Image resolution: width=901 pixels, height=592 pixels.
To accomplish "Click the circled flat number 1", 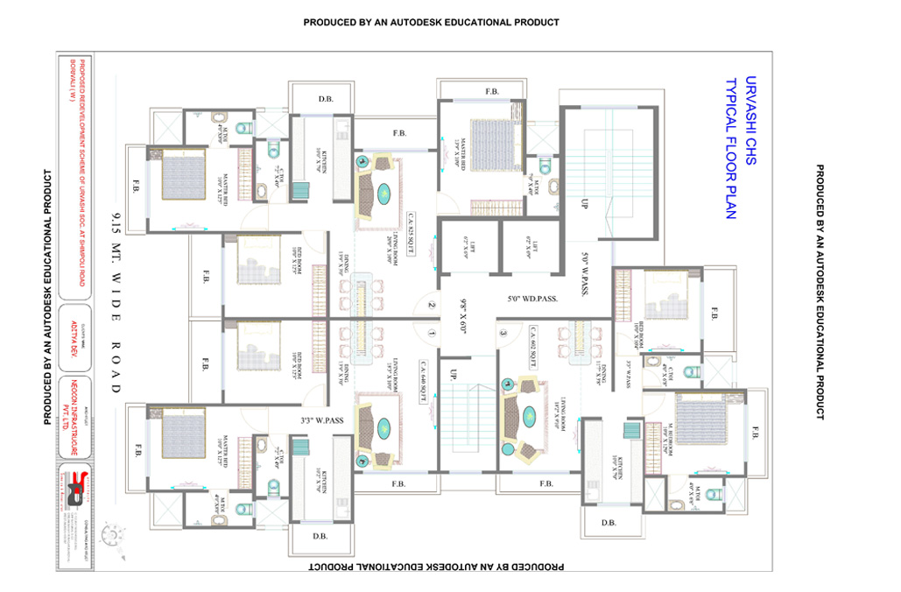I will pos(431,333).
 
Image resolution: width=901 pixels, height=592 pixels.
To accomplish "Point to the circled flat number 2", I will pos(431,306).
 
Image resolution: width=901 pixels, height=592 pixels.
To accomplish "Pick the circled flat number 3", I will pos(503,333).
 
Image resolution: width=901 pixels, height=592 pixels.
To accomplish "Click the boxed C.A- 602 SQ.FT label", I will pos(531,347).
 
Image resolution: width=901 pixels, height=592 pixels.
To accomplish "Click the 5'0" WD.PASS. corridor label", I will pos(532,299).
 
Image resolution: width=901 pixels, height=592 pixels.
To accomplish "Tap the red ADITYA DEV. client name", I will pos(73,355).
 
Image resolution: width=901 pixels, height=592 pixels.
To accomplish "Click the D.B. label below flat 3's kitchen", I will pos(609,524).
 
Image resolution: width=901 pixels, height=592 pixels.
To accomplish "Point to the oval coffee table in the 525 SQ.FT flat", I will pos(384,193).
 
